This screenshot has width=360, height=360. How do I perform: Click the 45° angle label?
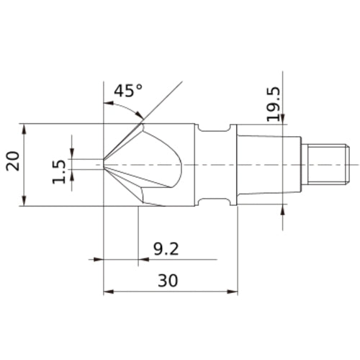point(128,91)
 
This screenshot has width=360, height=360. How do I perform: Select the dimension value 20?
point(13,161)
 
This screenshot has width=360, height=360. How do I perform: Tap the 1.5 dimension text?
point(58,171)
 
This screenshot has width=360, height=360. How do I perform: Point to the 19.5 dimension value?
point(274,104)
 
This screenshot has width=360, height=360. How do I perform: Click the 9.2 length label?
point(166,249)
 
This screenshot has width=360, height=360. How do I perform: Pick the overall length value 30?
point(168,280)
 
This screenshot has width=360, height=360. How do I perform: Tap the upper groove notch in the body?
point(214,127)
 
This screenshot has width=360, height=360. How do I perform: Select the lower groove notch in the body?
point(214,202)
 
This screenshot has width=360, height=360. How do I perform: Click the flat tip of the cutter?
point(104,164)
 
